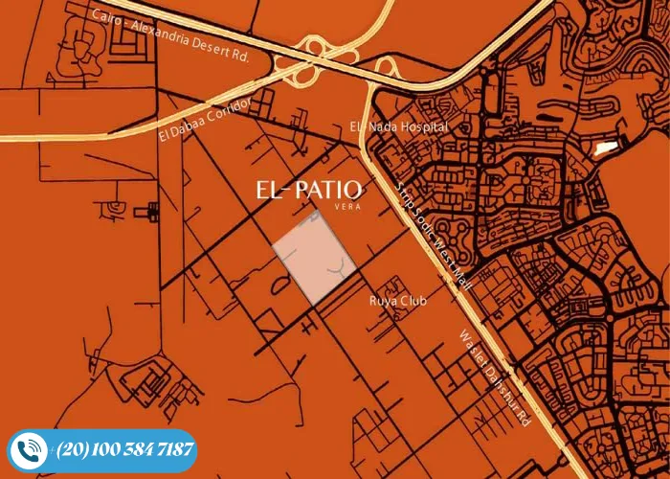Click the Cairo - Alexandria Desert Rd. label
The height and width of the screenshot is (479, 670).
tap(170, 35)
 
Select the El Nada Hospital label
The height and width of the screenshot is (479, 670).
tap(399, 127)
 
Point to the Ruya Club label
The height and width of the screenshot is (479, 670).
tap(398, 301)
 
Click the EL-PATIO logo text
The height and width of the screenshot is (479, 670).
tap(308, 189)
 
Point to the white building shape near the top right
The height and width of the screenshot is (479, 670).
tap(605, 148)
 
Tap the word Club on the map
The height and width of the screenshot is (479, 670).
tap(413, 301)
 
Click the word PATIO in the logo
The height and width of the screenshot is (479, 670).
tap(328, 189)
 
